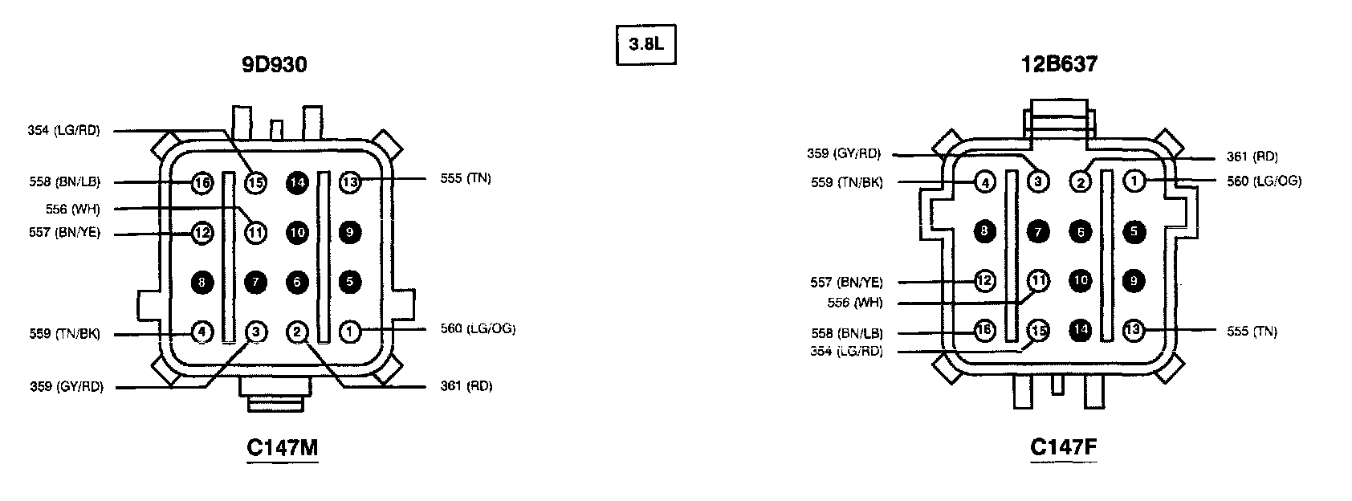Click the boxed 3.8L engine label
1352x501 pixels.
pos(645,47)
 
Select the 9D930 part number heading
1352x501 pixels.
pos(275,65)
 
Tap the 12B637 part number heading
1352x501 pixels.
pos(1059,65)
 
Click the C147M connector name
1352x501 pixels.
pos(282,447)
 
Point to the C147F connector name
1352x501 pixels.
pos(1063,447)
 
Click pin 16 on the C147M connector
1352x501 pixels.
pos(202,183)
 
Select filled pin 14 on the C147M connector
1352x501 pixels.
pos(298,183)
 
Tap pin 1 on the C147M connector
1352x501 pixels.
pos(350,330)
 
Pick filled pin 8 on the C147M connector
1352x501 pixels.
pos(202,281)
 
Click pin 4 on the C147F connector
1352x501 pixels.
pos(985,182)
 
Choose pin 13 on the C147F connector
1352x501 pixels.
pos(1134,329)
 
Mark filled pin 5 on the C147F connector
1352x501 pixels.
pos(1134,232)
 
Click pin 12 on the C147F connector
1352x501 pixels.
pos(985,281)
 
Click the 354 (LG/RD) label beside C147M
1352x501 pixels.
pos(63,130)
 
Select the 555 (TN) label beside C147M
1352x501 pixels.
pos(466,178)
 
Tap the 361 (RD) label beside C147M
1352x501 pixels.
pos(466,386)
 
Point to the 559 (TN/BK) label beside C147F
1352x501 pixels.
pos(846,182)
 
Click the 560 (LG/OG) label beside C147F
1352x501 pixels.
pos(1264,181)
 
